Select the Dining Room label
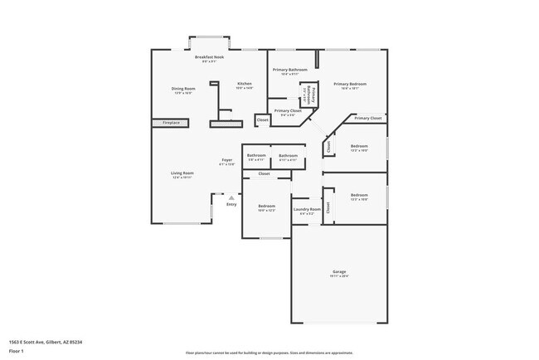(183, 89)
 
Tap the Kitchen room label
(245, 84)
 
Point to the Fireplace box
(171, 124)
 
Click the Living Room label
(182, 173)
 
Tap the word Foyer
(226, 160)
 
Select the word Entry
(231, 204)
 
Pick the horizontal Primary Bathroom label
(290, 70)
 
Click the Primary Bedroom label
(349, 84)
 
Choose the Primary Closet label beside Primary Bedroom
(367, 119)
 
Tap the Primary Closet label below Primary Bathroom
(288, 110)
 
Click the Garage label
(339, 271)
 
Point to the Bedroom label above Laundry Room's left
(266, 206)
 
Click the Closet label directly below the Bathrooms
(264, 173)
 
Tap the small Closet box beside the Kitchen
(262, 120)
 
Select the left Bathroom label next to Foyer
(256, 155)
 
